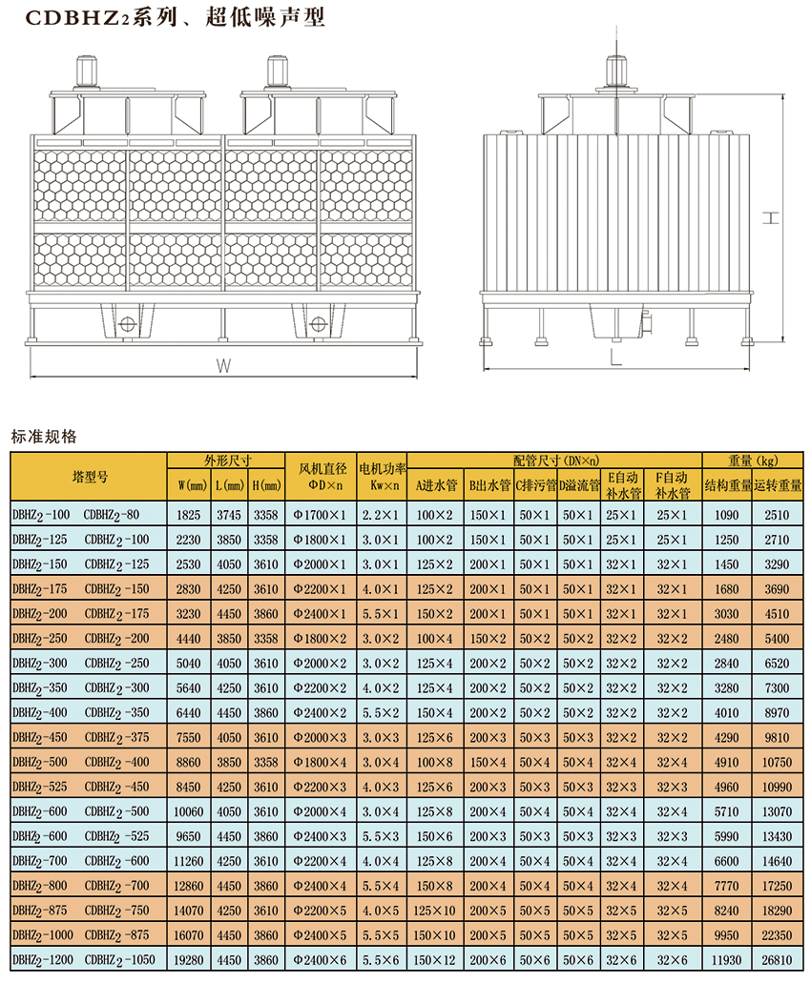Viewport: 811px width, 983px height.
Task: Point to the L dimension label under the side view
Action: coord(615,358)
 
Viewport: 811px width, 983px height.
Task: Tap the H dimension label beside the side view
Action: coord(772,218)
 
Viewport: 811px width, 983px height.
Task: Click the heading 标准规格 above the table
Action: coord(44,438)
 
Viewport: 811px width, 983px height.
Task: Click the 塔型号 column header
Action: coord(90,475)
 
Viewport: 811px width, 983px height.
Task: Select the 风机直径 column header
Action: coord(321,476)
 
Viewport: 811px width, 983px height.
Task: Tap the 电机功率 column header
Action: coord(382,476)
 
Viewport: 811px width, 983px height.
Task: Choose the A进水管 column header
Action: coord(436,485)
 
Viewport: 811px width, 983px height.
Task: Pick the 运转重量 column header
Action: coord(778,485)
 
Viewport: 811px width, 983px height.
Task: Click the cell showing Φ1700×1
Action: coord(321,515)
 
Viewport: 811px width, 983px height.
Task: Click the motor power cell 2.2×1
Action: coord(382,515)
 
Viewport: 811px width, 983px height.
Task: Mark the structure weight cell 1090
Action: coord(727,515)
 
